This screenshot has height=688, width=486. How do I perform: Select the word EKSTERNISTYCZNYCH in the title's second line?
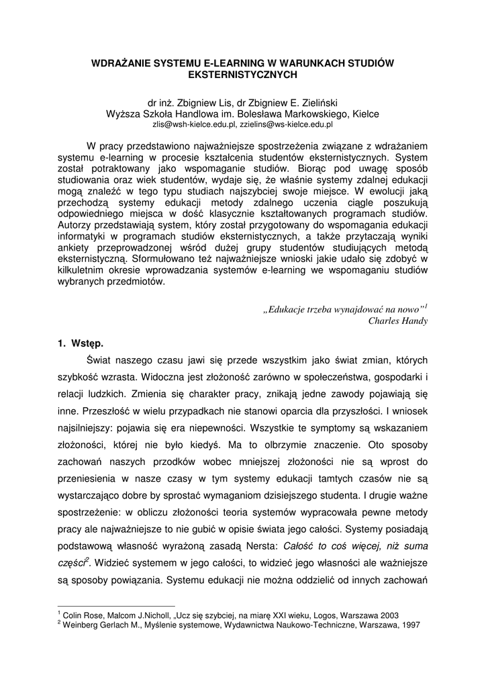click(243, 75)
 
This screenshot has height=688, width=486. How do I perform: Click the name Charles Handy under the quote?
click(398, 320)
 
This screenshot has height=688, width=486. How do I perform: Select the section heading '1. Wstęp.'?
click(81, 343)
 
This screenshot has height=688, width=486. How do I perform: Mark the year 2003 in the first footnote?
click(387, 615)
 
